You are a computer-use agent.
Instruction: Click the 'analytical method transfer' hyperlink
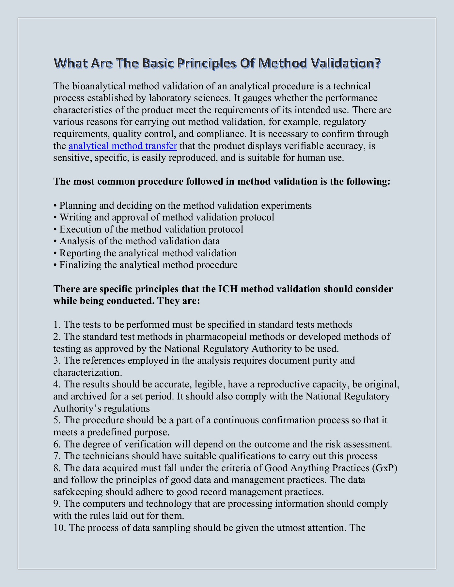point(123,146)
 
